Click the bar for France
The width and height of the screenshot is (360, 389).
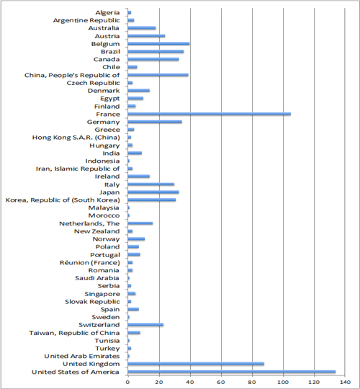(210, 114)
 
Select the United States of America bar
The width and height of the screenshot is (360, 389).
(232, 372)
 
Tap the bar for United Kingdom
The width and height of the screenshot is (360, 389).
(196, 364)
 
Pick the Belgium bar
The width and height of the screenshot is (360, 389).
(158, 44)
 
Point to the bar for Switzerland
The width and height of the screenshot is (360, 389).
(145, 325)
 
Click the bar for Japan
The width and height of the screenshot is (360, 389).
(153, 192)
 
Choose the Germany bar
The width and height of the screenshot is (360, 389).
(155, 122)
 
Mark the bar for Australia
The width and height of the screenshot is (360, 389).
(142, 28)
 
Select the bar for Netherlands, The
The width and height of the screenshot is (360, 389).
(140, 223)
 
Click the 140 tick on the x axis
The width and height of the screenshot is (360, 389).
(345, 382)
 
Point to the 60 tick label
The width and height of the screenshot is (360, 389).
(221, 382)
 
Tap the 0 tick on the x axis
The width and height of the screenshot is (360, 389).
(127, 382)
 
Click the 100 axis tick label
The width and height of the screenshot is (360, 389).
(283, 382)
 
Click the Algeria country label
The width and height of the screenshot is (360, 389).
(107, 13)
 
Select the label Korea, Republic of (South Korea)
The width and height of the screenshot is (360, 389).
(63, 200)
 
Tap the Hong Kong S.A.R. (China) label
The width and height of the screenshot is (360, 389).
(76, 138)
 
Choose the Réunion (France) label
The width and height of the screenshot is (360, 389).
(90, 263)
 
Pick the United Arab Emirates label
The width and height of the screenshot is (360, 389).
(82, 357)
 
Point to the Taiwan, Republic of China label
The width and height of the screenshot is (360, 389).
(74, 333)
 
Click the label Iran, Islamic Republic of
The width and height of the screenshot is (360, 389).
(78, 169)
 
